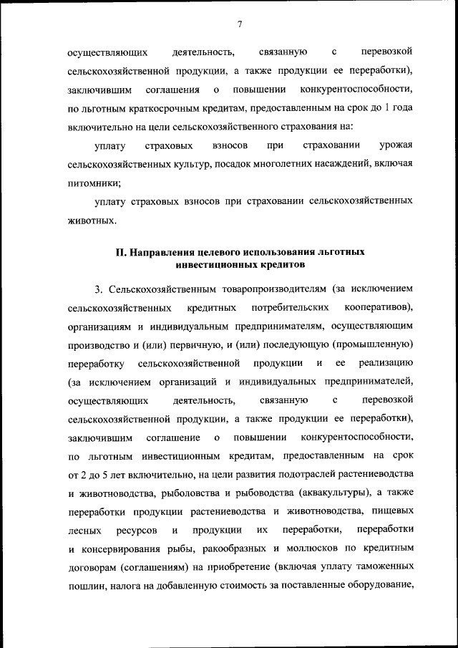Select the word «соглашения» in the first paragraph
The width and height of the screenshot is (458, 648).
tap(171, 90)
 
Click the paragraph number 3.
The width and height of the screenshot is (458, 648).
tap(98, 289)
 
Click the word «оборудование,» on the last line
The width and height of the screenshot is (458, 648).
tap(380, 586)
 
